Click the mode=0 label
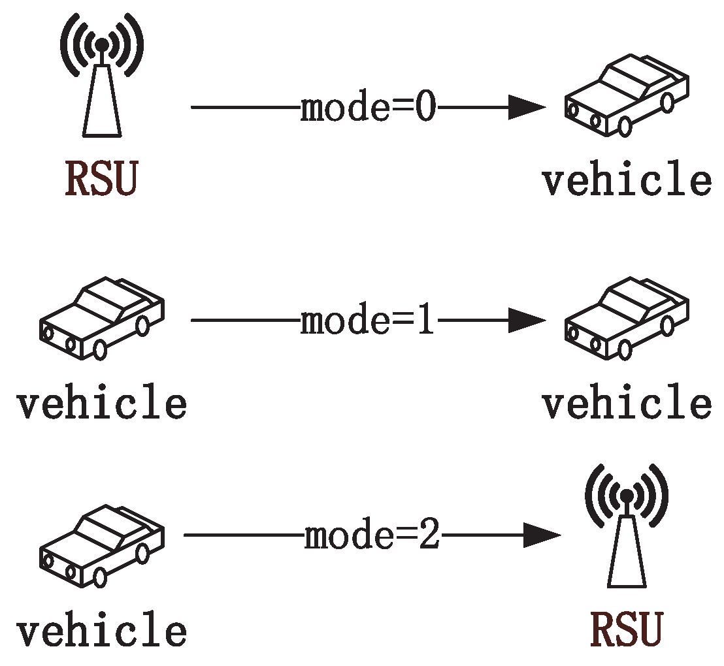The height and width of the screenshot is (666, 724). [x=367, y=108]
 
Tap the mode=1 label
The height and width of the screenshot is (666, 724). [x=367, y=322]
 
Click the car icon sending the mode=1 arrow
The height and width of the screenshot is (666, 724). [x=101, y=318]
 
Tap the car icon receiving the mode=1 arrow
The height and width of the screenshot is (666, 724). [x=626, y=318]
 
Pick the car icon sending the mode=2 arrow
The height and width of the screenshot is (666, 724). [x=101, y=545]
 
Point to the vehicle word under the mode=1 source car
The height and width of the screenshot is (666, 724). [x=101, y=403]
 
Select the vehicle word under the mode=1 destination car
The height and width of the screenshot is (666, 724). [x=626, y=403]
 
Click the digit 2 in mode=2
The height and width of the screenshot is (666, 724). [x=429, y=537]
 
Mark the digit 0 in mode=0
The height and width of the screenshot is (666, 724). [x=425, y=108]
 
